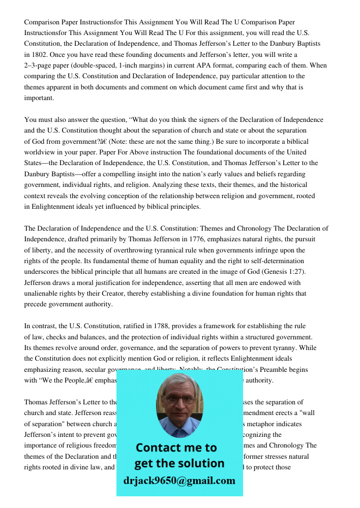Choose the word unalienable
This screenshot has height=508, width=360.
click(44, 294)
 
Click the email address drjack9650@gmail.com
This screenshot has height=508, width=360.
click(179, 481)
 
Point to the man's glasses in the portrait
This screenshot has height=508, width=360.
click(179, 399)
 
